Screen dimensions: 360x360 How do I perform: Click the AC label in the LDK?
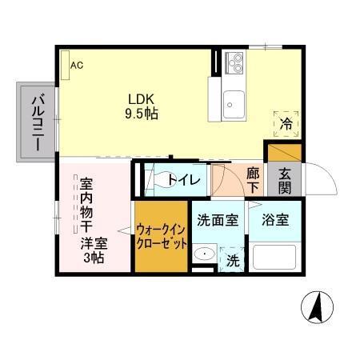(x=77, y=66)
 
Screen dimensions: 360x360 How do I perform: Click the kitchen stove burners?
(x=234, y=60)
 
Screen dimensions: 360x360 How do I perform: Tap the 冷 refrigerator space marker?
(x=286, y=123)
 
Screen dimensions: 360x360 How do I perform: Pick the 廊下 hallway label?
(x=253, y=179)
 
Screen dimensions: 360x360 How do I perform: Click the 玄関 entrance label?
(x=285, y=180)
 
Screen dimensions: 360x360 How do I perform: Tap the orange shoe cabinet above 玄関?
(x=284, y=151)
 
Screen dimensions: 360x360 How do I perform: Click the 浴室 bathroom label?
(x=274, y=221)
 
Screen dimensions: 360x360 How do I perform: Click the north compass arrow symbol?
(x=318, y=306)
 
